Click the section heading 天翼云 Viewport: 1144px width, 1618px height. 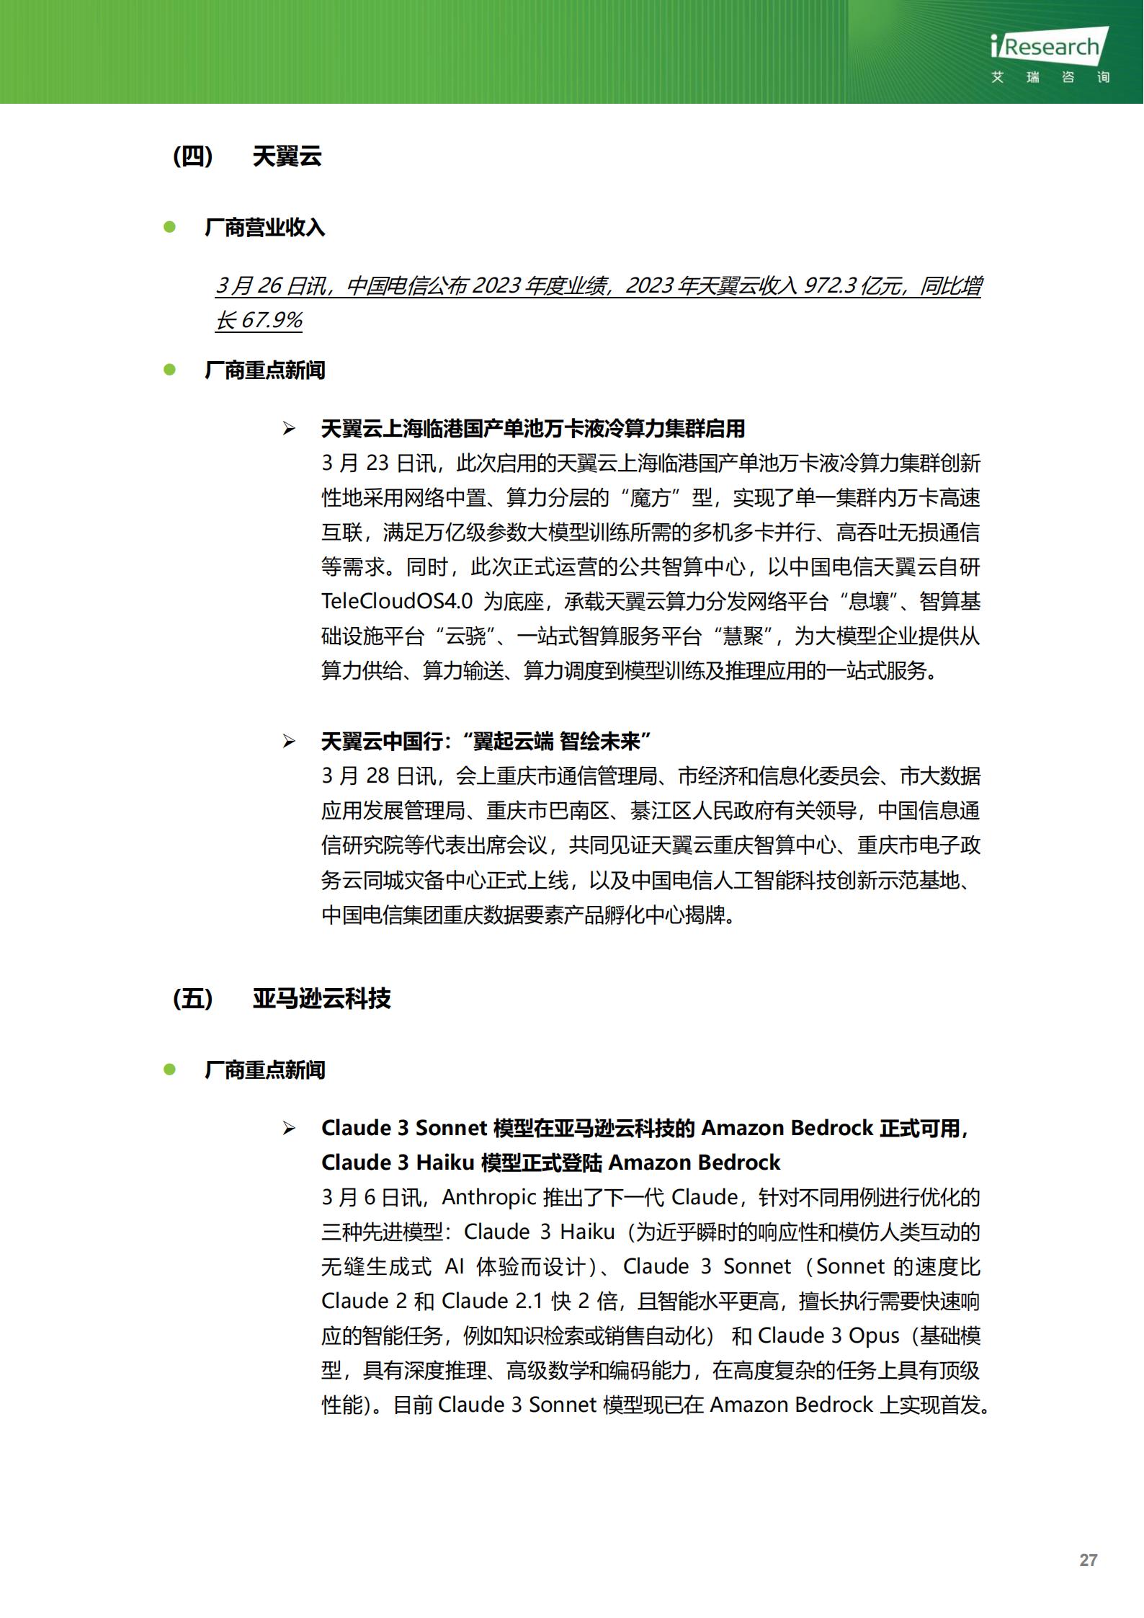[287, 156]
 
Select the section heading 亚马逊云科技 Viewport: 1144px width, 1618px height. [321, 998]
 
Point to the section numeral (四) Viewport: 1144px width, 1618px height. [193, 156]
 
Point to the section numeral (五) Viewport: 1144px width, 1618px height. [193, 998]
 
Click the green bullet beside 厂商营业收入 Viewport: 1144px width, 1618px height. [170, 227]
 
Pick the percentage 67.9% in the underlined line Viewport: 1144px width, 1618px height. [271, 320]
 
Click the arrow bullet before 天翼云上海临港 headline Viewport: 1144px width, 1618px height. [289, 430]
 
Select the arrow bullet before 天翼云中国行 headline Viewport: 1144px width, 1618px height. [289, 741]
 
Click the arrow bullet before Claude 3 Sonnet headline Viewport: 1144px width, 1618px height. [289, 1128]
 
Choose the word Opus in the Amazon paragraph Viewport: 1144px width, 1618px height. [874, 1335]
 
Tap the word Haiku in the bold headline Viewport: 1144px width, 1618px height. [445, 1163]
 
